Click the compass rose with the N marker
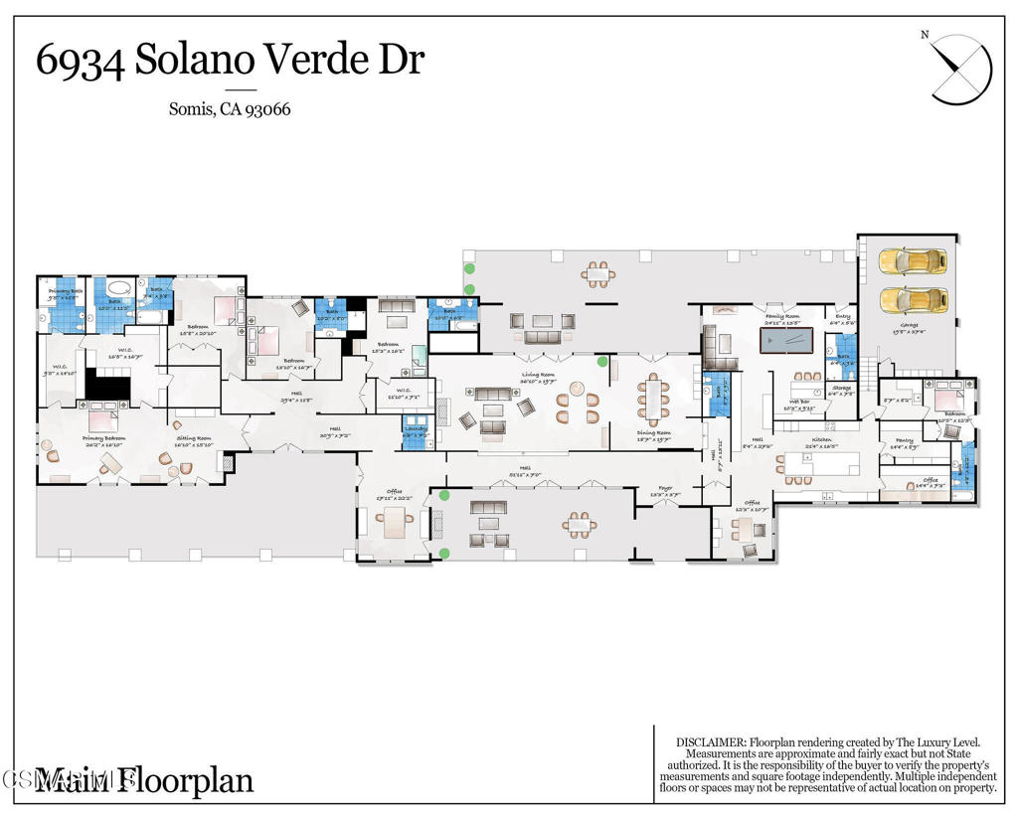coord(960,68)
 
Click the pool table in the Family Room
coord(791,341)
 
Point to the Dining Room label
coord(654,433)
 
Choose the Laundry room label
coord(415,428)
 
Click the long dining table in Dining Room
coord(652,397)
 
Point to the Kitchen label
coord(821,439)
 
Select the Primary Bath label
coord(63,291)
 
